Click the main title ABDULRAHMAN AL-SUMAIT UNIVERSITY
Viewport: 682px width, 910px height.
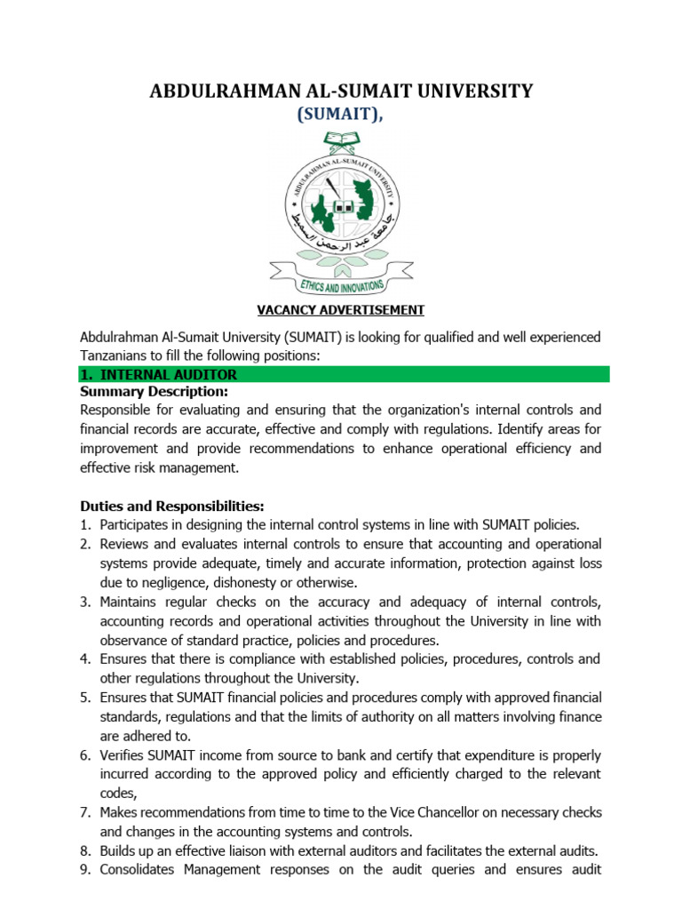coord(341,91)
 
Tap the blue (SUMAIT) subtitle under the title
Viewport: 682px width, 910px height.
coord(341,115)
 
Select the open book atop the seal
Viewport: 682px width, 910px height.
coord(342,140)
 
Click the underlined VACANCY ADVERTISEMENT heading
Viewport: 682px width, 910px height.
coord(341,310)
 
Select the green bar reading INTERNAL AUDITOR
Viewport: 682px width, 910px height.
coord(345,375)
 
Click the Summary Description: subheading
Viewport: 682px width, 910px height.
coord(154,392)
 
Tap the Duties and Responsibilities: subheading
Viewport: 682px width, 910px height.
coord(171,506)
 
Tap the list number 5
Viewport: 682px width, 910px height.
coord(85,698)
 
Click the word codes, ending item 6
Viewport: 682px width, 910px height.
coord(119,794)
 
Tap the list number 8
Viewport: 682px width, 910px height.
coord(85,851)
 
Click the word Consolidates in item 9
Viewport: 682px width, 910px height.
coord(139,871)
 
